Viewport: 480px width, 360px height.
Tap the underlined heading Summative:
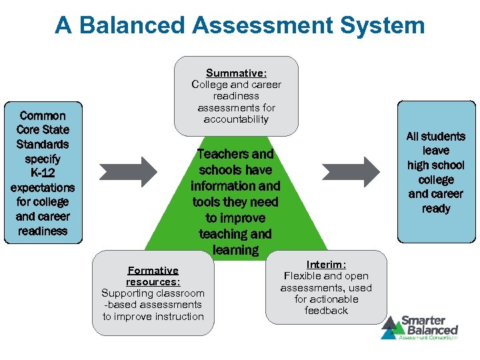pyautogui.click(x=237, y=73)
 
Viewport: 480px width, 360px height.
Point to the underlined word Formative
pyautogui.click(x=153, y=271)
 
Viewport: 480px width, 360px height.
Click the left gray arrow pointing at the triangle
pyautogui.click(x=128, y=171)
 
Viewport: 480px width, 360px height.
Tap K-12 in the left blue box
pyautogui.click(x=43, y=173)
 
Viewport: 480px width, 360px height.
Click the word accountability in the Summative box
pyautogui.click(x=237, y=119)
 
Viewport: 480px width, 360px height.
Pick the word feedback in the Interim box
pyautogui.click(x=326, y=311)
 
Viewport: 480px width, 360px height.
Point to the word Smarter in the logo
pyautogui.click(x=422, y=321)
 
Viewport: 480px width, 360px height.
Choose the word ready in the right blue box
pyautogui.click(x=436, y=209)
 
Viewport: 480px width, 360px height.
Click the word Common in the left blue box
pyautogui.click(x=43, y=115)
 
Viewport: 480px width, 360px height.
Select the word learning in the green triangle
pyautogui.click(x=235, y=250)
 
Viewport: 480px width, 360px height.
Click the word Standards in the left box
pyautogui.click(x=43, y=144)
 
